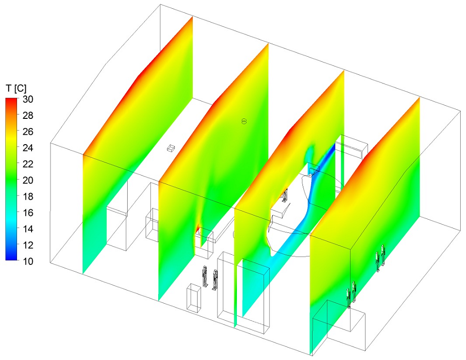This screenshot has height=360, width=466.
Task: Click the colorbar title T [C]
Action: [x=16, y=88]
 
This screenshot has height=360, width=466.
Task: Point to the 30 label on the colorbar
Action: [x=28, y=99]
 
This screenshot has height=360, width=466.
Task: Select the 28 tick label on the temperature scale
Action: [x=28, y=115]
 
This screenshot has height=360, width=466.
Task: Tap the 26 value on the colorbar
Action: [x=28, y=131]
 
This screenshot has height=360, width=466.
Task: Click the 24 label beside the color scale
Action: [x=28, y=148]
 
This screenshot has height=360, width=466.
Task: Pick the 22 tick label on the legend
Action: [x=28, y=164]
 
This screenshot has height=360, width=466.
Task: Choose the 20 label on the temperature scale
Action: [x=28, y=180]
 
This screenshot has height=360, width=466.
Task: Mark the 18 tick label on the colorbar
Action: [x=28, y=196]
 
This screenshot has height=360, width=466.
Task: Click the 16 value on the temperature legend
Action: [x=28, y=213]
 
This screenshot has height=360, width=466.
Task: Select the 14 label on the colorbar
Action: [x=28, y=229]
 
